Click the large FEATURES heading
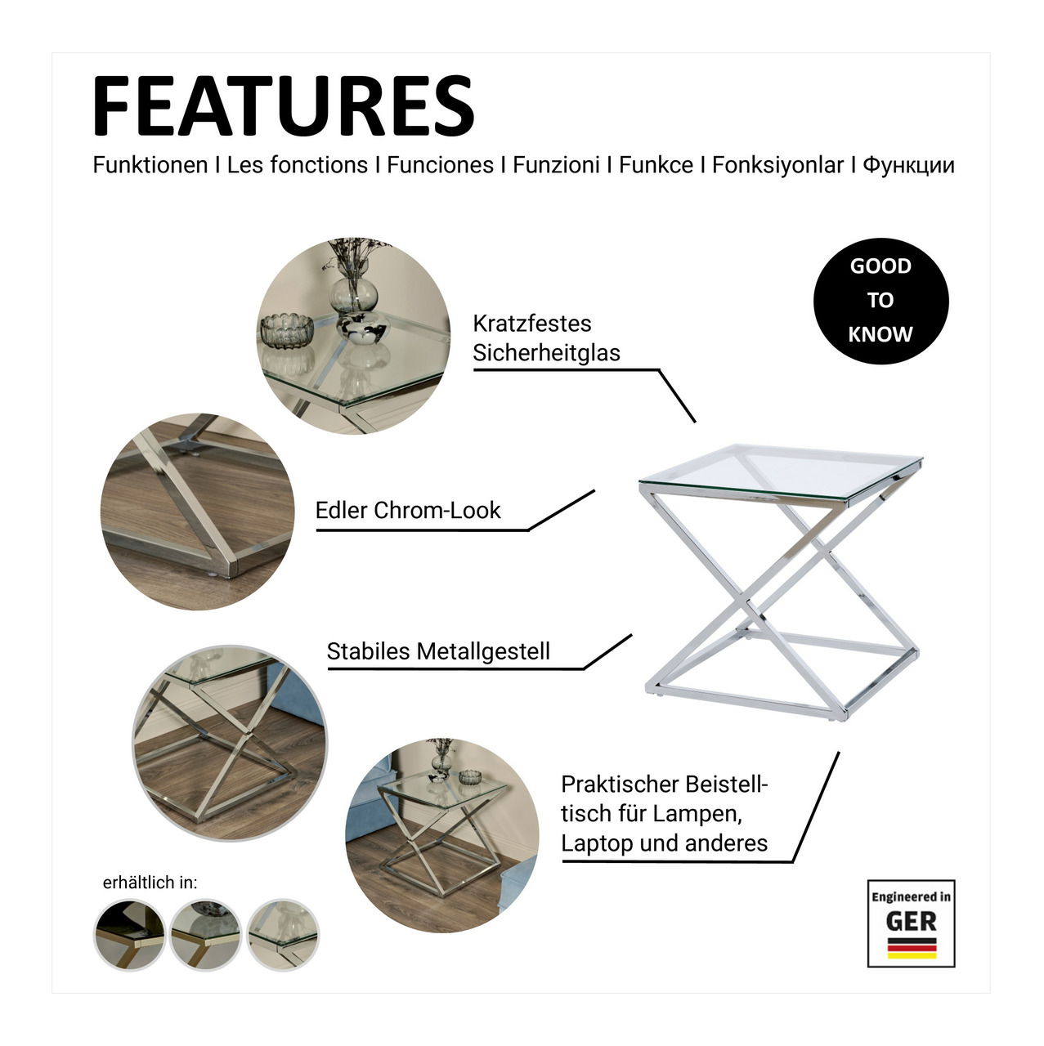click(284, 105)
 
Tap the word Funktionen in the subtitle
click(150, 165)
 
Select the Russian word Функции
click(908, 166)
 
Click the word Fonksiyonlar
click(777, 166)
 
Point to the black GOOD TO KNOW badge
click(880, 301)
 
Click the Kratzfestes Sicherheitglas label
click(546, 338)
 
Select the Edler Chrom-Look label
click(408, 510)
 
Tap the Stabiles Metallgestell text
click(438, 651)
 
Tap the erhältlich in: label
click(150, 883)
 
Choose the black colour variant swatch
click(129, 934)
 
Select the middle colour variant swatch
click(206, 934)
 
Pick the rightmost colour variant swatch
click(283, 934)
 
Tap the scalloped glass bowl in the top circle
click(287, 330)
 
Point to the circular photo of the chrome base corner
click(198, 512)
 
